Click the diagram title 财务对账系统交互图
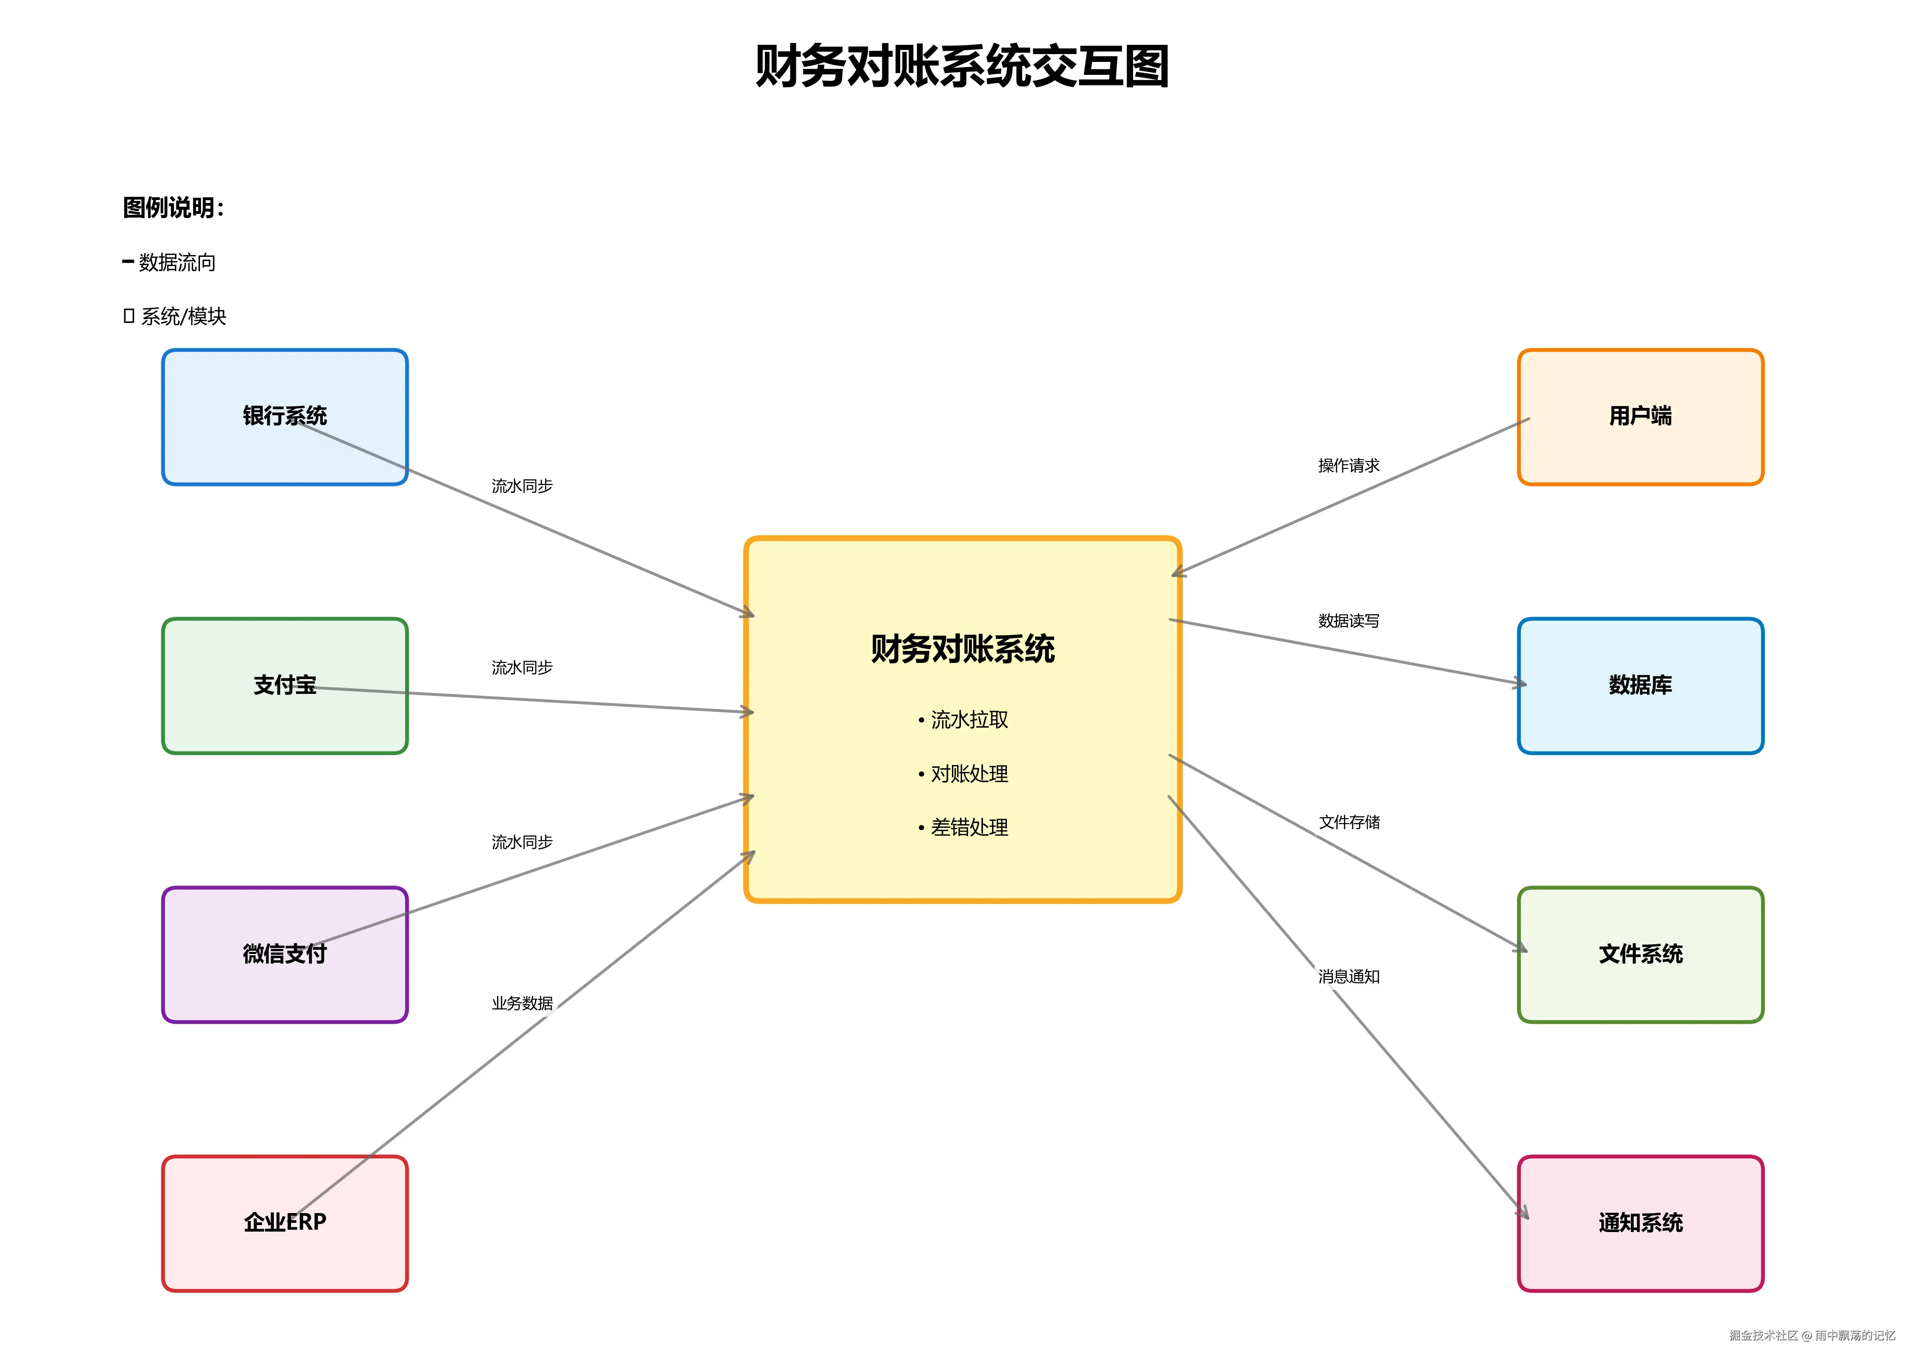[x=962, y=67]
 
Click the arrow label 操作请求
[x=1348, y=466]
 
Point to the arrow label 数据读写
[x=1348, y=621]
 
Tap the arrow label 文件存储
[x=1349, y=822]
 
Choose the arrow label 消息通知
[x=1348, y=977]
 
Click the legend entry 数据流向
[x=176, y=263]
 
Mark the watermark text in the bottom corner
[x=1812, y=1336]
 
